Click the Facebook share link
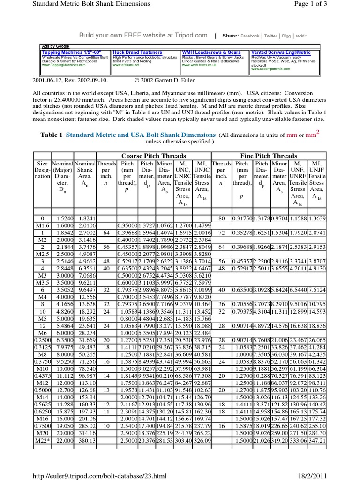250,36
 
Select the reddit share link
301,36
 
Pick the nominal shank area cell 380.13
87,441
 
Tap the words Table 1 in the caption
52,135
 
